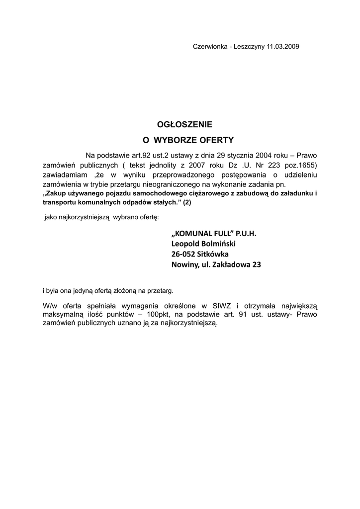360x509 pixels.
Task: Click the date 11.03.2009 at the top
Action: coord(283,46)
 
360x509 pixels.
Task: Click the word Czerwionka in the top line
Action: coord(209,46)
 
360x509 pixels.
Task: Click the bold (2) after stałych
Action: coord(186,202)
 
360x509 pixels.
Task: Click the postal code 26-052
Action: coord(183,254)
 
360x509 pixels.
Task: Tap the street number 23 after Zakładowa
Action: coord(256,264)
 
